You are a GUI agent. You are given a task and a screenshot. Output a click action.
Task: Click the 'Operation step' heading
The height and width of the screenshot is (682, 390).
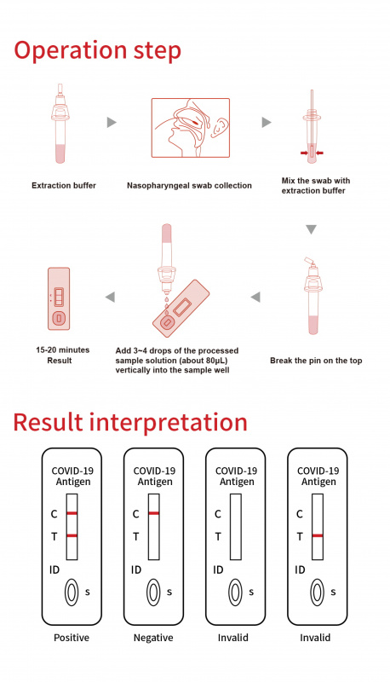(x=97, y=50)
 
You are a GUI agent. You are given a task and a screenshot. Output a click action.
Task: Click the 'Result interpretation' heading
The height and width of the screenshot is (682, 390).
(x=130, y=422)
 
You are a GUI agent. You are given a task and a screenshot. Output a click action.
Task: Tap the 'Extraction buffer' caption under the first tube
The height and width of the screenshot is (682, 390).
(x=64, y=185)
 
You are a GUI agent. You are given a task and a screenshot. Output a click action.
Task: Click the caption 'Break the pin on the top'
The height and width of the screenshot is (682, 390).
(x=316, y=361)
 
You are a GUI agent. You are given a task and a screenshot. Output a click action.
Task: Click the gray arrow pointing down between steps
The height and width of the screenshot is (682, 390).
(x=311, y=229)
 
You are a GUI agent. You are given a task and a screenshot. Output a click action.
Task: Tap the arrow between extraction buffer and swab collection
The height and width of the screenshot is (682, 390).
(x=111, y=123)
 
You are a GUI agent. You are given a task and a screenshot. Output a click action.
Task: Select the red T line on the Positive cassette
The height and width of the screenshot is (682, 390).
(x=72, y=535)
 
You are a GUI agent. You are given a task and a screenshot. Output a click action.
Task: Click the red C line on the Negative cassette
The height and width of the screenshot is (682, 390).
(x=154, y=513)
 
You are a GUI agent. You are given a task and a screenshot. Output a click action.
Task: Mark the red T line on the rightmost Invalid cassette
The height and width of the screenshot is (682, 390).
(x=317, y=535)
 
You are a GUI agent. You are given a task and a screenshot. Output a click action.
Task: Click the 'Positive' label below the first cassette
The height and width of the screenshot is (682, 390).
(x=72, y=637)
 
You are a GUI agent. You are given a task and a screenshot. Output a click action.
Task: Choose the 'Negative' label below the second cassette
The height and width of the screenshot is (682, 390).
(x=153, y=637)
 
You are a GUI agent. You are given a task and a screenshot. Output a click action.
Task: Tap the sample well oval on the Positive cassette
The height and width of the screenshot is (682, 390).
(x=72, y=591)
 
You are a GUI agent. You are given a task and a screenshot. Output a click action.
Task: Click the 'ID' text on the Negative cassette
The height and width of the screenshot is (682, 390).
(x=136, y=569)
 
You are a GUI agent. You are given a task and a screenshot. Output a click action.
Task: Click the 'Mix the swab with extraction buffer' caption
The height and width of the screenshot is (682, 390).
(x=315, y=186)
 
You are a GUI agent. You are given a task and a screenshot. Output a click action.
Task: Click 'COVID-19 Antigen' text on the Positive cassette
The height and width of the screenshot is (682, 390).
(x=72, y=476)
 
